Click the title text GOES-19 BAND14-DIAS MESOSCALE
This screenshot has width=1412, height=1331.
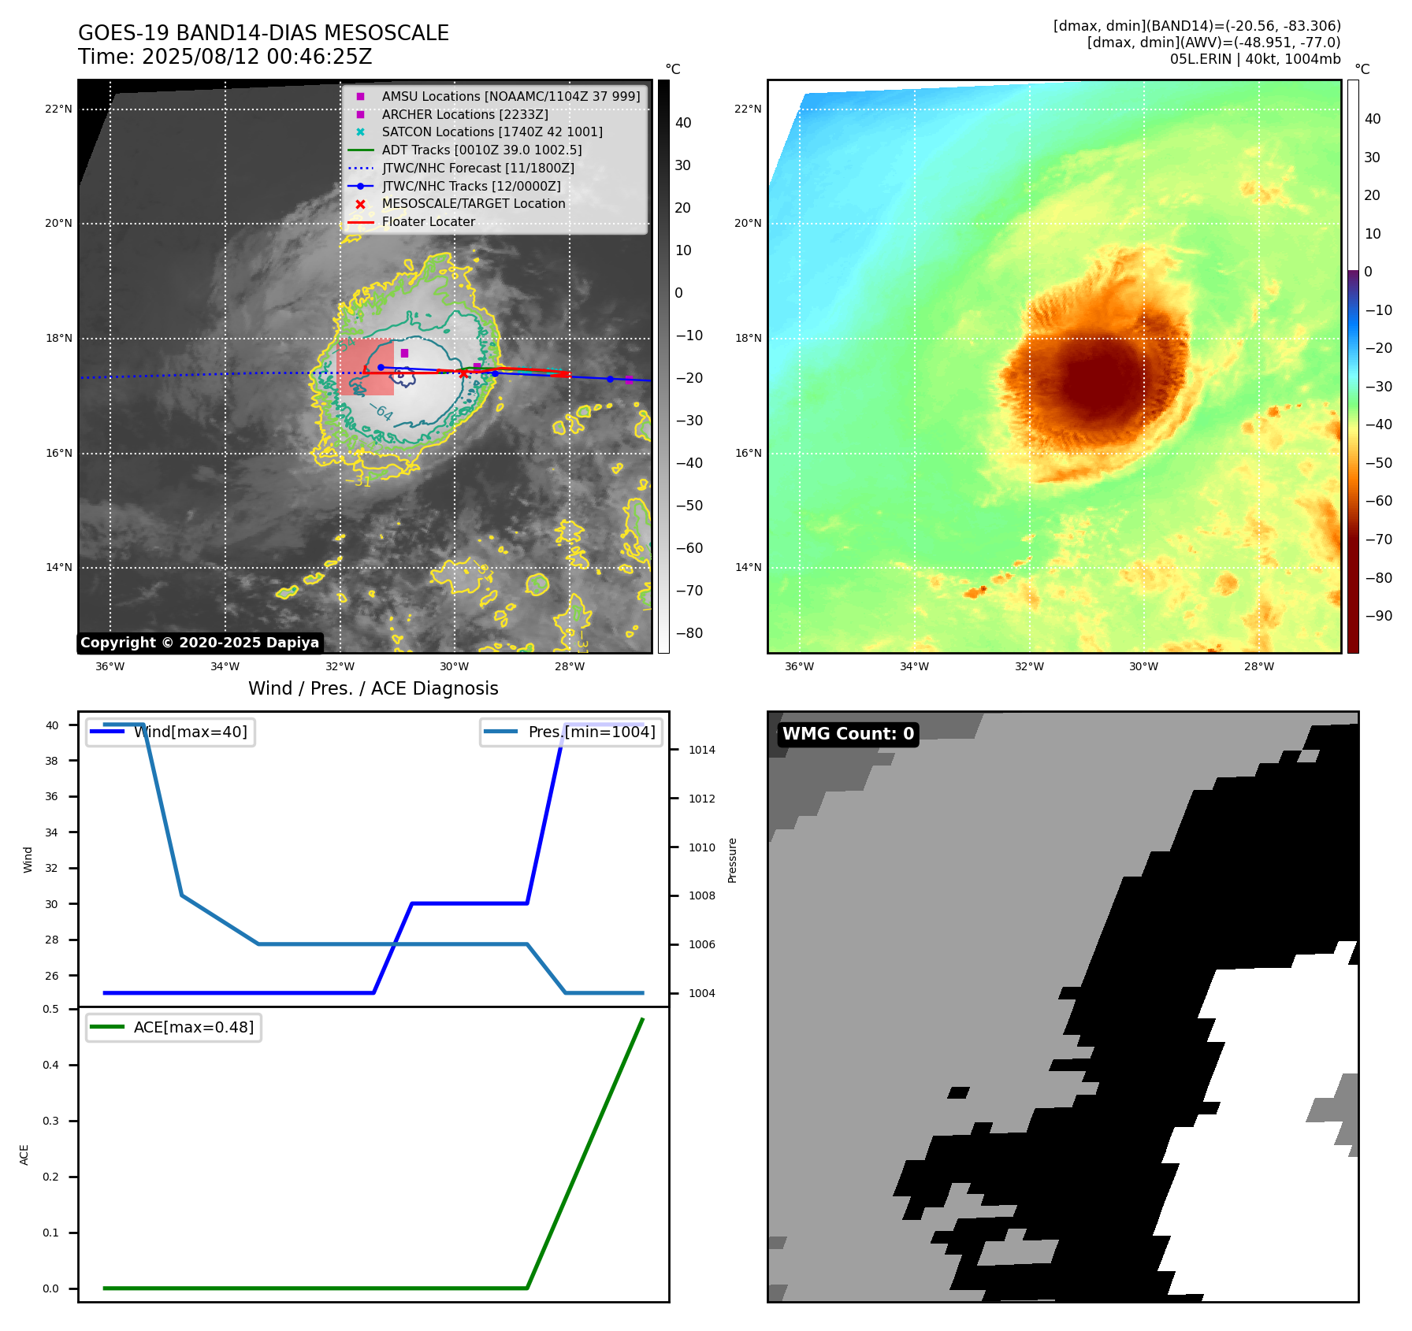263,33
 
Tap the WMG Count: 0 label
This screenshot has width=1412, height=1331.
848,734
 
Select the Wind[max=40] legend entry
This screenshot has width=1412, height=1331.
190,732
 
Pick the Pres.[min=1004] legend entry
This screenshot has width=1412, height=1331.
591,732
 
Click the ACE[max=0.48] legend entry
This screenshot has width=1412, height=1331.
193,1027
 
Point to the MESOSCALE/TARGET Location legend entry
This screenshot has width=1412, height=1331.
473,204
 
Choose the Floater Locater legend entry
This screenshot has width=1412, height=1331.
428,222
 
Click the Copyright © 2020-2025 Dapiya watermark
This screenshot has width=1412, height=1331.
199,643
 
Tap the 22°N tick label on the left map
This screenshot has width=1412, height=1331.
58,109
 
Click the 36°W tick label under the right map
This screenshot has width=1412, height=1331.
799,666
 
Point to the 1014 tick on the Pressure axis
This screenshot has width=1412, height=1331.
701,750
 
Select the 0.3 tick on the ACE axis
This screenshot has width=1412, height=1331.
51,1121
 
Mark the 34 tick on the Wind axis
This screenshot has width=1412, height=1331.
51,832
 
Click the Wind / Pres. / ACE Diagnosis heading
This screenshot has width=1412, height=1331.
373,688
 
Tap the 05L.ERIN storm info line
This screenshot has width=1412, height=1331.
1254,59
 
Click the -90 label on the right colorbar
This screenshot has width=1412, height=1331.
1378,616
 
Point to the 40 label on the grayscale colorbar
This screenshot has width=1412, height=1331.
683,123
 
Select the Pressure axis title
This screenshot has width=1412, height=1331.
732,860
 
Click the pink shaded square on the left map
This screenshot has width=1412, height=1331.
365,367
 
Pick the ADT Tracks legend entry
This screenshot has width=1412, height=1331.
481,150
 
